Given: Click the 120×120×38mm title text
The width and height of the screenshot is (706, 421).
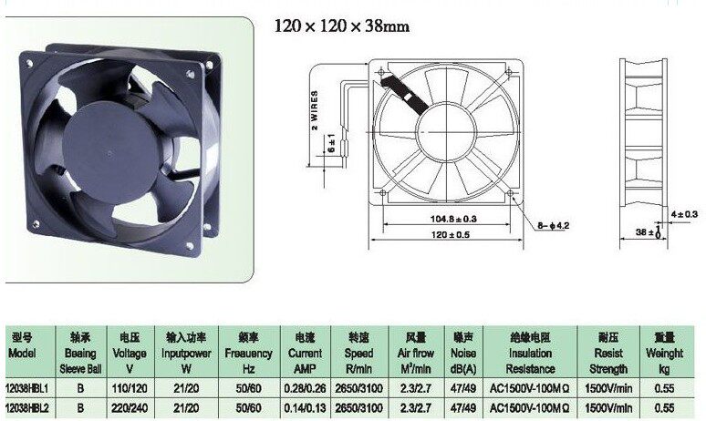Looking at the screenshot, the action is [342, 26].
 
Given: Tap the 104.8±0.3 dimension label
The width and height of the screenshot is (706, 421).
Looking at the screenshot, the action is [453, 219].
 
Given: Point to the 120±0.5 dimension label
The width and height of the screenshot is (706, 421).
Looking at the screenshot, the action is [451, 234].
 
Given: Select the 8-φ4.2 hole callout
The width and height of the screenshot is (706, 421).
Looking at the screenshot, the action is [553, 225].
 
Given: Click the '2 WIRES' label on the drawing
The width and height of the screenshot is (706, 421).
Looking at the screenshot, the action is [315, 110].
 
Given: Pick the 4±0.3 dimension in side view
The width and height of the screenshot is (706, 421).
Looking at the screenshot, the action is [684, 214].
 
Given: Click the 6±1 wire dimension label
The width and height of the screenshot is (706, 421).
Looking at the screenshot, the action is [332, 143].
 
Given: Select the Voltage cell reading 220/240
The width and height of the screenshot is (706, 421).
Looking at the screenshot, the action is [130, 408].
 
